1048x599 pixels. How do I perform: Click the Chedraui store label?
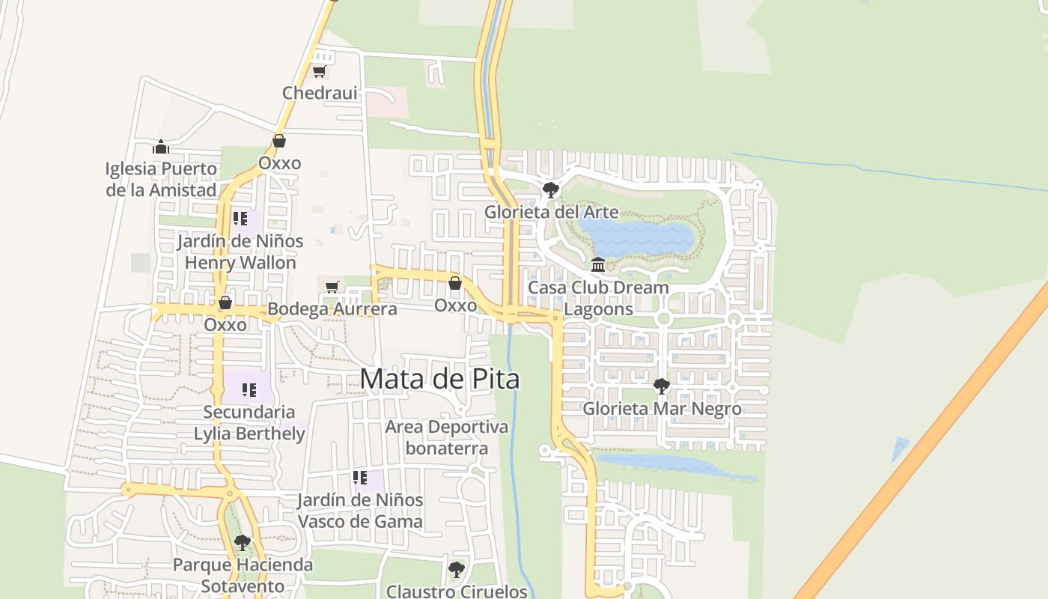point(320,93)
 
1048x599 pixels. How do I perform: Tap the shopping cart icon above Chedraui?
point(320,72)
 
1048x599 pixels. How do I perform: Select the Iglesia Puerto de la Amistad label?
point(161,179)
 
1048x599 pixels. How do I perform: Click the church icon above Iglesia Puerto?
point(161,147)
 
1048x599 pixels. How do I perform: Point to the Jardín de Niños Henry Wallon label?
point(240,252)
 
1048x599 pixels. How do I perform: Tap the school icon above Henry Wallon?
point(240,219)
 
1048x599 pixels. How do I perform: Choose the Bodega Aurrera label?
point(332,308)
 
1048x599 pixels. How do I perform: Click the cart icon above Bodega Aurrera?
point(332,287)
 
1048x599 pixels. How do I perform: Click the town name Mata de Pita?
point(439,379)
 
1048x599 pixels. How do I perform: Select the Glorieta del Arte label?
point(552,212)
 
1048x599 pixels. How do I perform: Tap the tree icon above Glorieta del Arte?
point(551,189)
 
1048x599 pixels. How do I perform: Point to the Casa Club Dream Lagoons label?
point(598,298)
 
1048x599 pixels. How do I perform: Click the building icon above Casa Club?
point(598,265)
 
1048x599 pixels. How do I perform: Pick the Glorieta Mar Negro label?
point(662,409)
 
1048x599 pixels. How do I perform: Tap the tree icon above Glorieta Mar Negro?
point(662,386)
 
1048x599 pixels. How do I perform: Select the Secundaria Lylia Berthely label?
point(249,422)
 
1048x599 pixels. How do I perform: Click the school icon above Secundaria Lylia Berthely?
point(249,389)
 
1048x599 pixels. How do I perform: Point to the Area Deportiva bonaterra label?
point(447,437)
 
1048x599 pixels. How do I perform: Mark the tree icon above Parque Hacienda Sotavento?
point(242,542)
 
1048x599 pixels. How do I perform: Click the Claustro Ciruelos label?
point(457,591)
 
